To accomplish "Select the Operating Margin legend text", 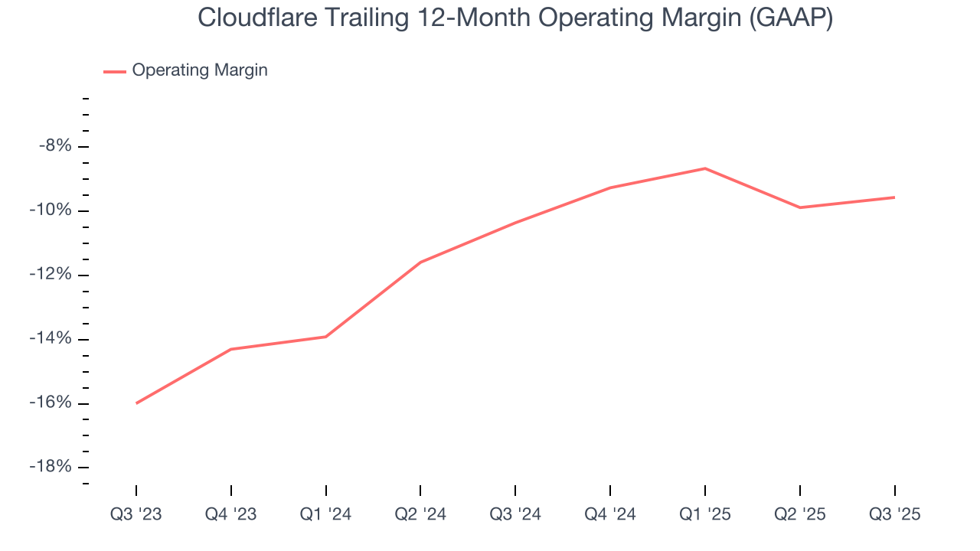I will (x=200, y=70).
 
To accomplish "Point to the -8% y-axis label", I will (x=55, y=146).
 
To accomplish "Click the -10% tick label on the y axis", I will (x=52, y=210).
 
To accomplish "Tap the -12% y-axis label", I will (x=52, y=275).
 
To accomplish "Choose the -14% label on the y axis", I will (x=52, y=339).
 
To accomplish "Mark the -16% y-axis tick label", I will (x=52, y=403).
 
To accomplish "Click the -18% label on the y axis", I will (x=52, y=468).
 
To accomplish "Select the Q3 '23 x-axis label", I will (x=136, y=514).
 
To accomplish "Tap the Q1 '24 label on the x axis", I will (x=325, y=514).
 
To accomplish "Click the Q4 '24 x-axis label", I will (x=610, y=514).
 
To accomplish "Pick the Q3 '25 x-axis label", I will (x=894, y=514).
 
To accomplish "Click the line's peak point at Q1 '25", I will (x=705, y=168).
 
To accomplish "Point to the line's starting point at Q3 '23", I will (x=136, y=403).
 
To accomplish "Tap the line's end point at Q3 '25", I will (x=894, y=197).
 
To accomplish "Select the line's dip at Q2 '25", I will (x=800, y=207).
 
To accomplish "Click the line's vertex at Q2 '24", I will (x=420, y=262).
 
